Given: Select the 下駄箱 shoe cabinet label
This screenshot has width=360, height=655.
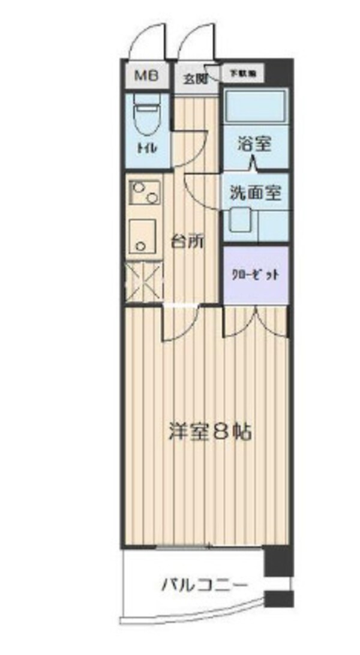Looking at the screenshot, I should tap(243, 73).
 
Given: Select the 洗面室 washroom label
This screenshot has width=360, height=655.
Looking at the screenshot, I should tap(254, 193).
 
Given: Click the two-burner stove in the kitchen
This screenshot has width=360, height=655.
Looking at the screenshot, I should tap(144, 193).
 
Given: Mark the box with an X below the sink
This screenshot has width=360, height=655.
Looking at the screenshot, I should tap(143, 280).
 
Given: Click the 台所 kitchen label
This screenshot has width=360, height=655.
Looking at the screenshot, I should tap(188, 242).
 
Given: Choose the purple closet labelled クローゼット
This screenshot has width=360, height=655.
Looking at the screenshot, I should tap(256, 275).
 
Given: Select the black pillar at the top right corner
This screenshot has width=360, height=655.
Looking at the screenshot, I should tap(278, 73).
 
